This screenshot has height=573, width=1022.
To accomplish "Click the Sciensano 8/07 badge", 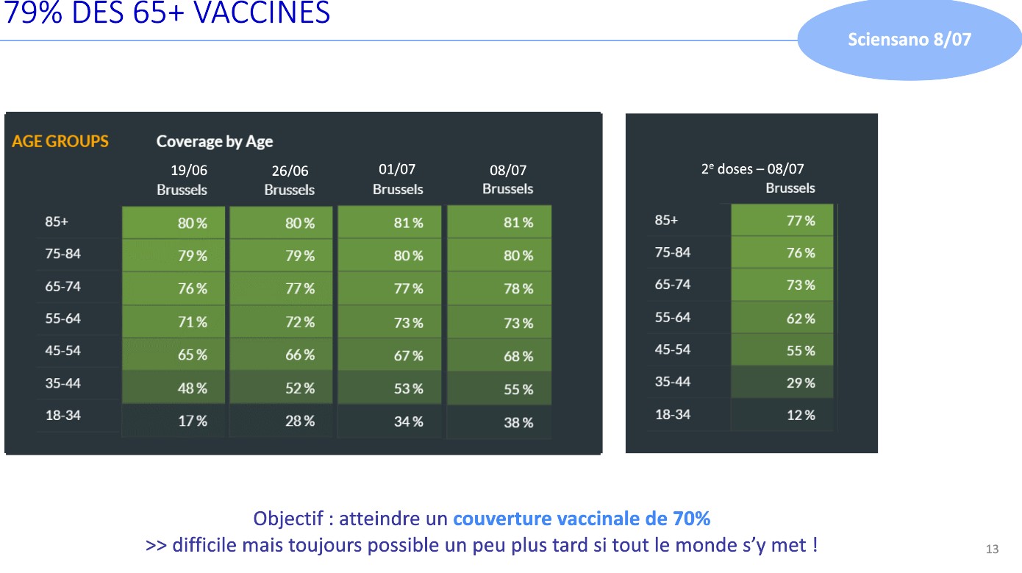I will click(909, 40).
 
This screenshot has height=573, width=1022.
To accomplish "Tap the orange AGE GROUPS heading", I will click(60, 141).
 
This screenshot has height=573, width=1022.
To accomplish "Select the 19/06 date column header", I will click(189, 171).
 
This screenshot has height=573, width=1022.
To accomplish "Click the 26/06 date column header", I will click(290, 171).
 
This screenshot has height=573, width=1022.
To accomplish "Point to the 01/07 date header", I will click(397, 169).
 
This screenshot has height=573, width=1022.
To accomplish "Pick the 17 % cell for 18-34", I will click(192, 421).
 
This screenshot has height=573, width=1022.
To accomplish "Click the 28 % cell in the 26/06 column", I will click(299, 421).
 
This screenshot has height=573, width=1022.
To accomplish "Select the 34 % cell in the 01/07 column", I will click(407, 421).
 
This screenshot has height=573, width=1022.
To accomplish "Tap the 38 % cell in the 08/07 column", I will click(518, 422).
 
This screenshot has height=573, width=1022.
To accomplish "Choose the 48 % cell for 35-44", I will click(192, 388).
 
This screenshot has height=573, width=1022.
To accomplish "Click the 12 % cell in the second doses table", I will click(800, 415).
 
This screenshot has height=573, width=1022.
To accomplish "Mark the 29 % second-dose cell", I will click(800, 382).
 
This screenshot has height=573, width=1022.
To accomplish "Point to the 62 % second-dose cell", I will click(800, 318).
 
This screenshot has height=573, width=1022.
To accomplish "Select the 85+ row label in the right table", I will click(666, 220).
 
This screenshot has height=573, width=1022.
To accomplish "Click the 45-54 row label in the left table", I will click(62, 351).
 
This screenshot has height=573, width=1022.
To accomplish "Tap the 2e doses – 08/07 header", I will click(752, 169).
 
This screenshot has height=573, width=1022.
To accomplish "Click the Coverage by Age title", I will click(214, 141).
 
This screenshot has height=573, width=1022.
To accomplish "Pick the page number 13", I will click(992, 549).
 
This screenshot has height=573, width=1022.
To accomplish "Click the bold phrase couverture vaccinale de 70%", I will click(582, 519).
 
